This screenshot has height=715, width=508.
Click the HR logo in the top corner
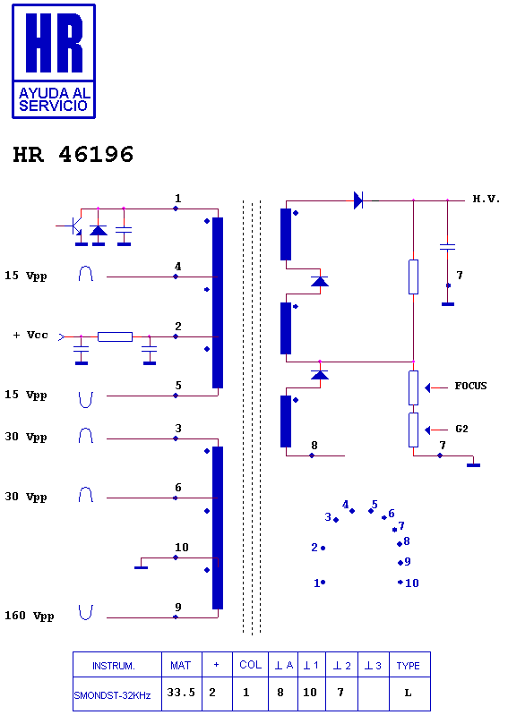coord(54,61)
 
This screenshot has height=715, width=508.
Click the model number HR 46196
coord(73,154)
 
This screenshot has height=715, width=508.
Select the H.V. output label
coord(486,199)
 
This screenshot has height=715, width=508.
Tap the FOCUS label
coord(470,386)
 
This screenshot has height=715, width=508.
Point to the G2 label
coord(461,429)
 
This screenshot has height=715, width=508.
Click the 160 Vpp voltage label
coord(30,616)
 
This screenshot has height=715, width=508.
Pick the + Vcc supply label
coord(30,335)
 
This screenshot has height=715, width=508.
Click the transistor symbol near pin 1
coord(73,226)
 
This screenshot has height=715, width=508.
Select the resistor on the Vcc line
coord(115,337)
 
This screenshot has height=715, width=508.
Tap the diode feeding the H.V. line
coord(358,200)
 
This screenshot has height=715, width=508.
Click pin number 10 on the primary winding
coord(182,547)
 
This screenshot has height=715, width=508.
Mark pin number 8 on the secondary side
coord(314,445)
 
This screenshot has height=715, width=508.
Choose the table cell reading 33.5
coord(181,693)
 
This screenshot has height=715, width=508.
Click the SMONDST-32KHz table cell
coord(112,695)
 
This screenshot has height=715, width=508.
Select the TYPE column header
coord(408,666)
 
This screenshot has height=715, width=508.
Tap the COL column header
coord(251,665)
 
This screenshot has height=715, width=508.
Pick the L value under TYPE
coord(408,693)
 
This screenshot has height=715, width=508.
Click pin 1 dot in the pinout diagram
coord(323,582)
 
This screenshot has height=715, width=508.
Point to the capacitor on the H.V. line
coord(447,247)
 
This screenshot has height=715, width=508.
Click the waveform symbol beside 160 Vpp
coord(85,613)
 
